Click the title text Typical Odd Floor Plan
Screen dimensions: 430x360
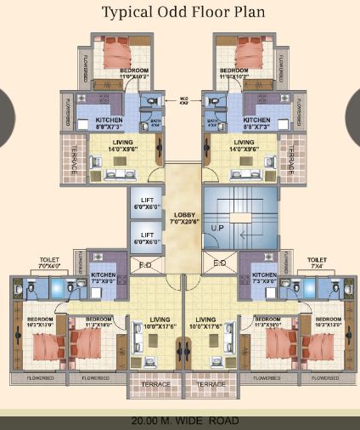180,13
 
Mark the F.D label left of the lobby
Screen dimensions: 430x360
146,264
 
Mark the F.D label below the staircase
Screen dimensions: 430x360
219,263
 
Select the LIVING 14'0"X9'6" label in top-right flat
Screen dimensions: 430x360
244,145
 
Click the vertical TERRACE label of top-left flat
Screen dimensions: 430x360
73,160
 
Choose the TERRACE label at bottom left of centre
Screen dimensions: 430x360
154,384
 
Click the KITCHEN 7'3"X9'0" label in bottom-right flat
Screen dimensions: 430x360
263,278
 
